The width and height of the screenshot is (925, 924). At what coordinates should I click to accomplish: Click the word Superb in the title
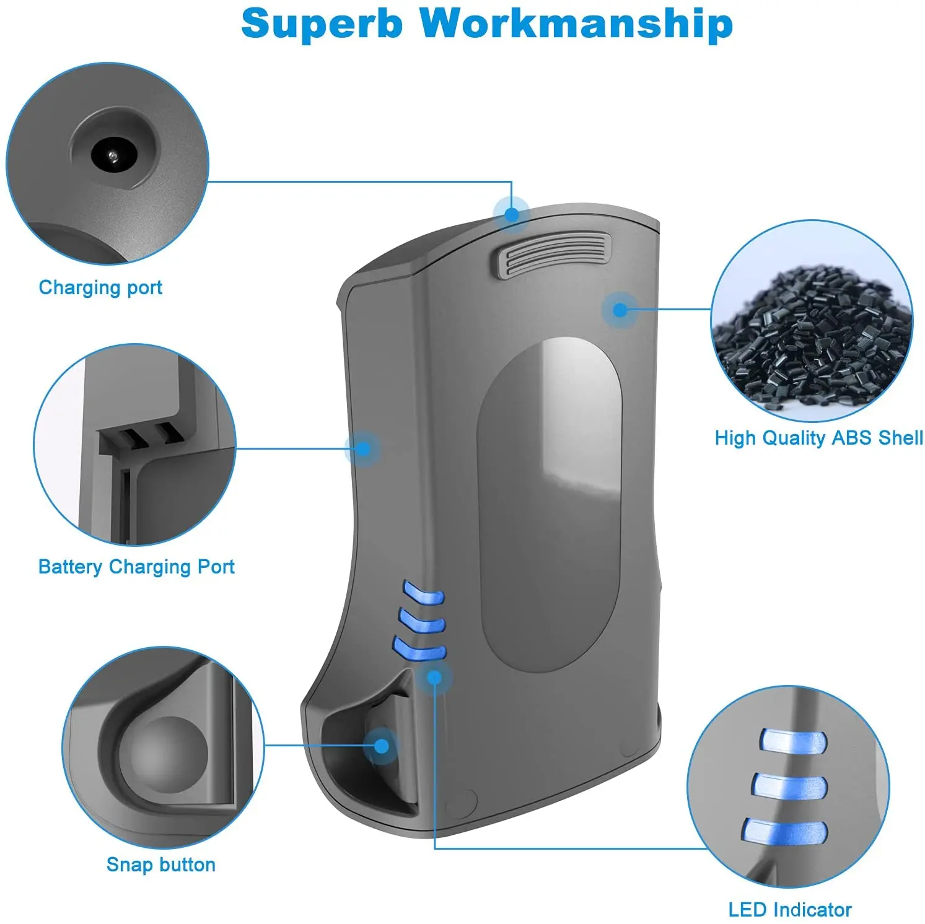[x=322, y=24]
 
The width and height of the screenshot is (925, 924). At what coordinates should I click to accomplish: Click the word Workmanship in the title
[x=576, y=24]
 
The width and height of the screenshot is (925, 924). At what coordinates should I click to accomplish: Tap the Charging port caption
[x=100, y=287]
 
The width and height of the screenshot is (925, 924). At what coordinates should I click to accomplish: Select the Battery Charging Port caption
[x=136, y=567]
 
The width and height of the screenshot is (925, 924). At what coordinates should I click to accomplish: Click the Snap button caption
[x=160, y=865]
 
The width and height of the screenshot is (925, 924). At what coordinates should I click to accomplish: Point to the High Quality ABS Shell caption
[x=818, y=438]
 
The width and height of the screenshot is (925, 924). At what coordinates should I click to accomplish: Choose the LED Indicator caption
[x=789, y=910]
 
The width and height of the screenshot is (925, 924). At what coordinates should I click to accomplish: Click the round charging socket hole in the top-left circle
[x=112, y=154]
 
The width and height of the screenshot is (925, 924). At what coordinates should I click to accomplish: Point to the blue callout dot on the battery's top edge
[x=511, y=214]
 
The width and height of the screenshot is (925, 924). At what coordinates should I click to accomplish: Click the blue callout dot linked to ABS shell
[x=620, y=309]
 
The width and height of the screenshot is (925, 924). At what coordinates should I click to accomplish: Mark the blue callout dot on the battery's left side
[x=363, y=448]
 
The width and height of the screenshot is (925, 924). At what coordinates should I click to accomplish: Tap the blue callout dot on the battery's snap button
[x=382, y=745]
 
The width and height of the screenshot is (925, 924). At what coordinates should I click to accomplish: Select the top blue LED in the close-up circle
[x=793, y=740]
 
